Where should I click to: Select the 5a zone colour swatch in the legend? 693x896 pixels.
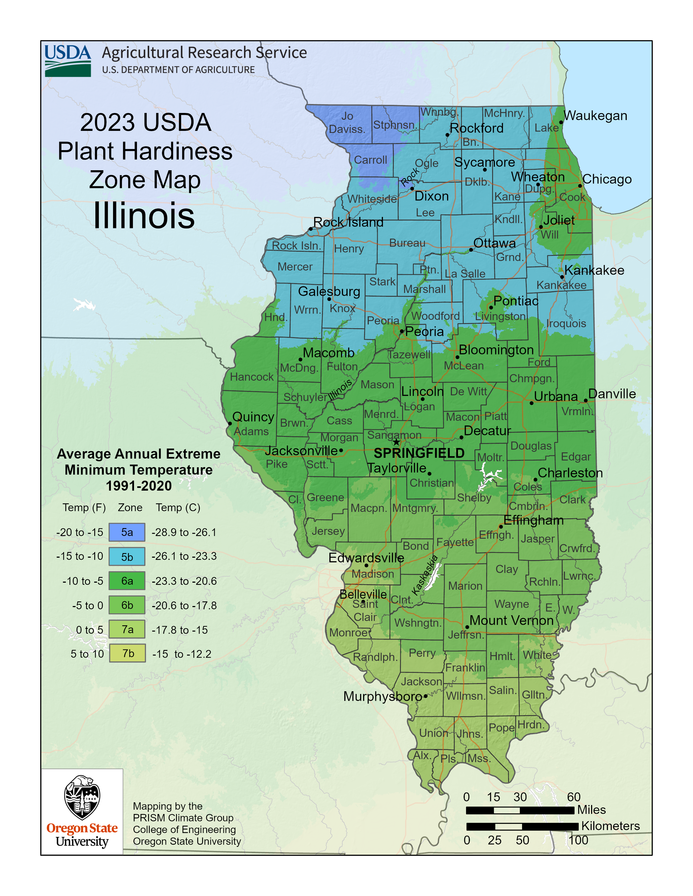point(127,532)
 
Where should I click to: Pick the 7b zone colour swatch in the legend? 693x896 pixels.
point(127,654)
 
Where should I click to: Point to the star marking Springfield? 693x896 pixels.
point(396,442)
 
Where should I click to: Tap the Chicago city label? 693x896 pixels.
point(607,179)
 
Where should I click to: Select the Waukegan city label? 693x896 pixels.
point(595,116)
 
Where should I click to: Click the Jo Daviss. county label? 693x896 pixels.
point(347,123)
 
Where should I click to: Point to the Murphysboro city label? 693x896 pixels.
point(382,696)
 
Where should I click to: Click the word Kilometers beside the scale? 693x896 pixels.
point(610,826)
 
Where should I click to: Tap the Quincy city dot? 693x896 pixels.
point(230,423)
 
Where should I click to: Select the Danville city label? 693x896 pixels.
point(612,394)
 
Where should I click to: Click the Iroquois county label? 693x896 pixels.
point(566,323)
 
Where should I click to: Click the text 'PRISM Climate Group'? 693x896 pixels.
point(183,818)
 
